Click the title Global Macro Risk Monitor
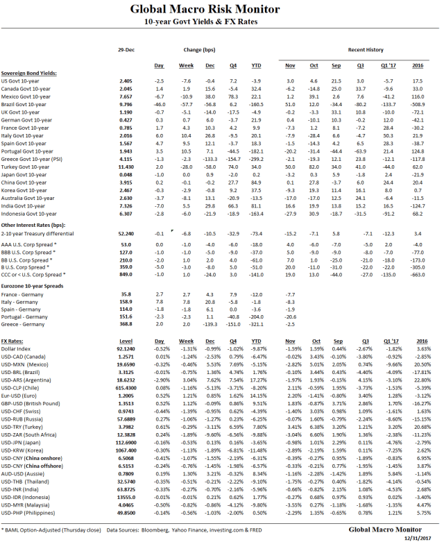coord(221,9)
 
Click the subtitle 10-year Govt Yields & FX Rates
coord(221,23)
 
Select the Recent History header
coord(366,51)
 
